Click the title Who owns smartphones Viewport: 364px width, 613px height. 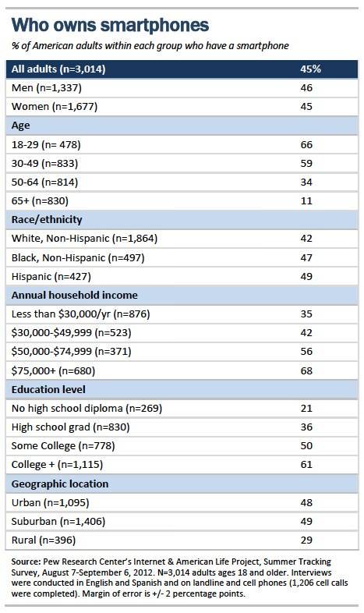coord(110,26)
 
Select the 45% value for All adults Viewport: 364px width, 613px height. coord(310,69)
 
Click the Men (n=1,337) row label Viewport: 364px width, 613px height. coord(47,88)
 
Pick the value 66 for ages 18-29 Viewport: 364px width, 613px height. coord(306,144)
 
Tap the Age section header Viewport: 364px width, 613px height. coord(21,126)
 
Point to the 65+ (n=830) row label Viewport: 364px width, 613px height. coord(40,201)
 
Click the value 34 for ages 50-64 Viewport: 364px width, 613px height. coord(306,182)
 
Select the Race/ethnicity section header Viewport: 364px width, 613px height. coord(47,220)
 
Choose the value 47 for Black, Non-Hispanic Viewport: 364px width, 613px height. coord(306,257)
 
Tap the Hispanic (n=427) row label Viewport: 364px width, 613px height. coord(51,277)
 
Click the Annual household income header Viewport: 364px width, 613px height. coord(75,295)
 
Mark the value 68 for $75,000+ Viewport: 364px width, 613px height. coord(306,370)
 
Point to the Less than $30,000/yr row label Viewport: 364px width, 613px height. coord(81,314)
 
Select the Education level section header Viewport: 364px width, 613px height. coord(48,390)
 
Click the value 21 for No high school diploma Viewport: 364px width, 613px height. coord(306,409)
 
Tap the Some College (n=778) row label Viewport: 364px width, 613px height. coord(63,446)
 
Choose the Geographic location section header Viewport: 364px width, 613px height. coord(60,484)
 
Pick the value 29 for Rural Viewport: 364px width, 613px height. coord(306,540)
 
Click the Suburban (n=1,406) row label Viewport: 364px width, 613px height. coord(58,522)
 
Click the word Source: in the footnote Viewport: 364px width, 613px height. coord(26,562)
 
